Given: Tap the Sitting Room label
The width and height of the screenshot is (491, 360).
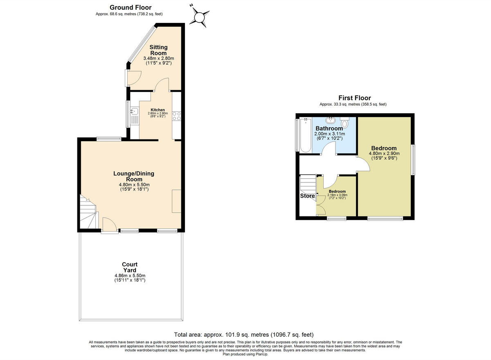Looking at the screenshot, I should [x=158, y=50].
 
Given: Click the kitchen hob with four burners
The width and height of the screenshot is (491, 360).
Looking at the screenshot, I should [x=176, y=116].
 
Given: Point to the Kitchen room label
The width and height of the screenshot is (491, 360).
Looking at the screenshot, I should [x=158, y=110].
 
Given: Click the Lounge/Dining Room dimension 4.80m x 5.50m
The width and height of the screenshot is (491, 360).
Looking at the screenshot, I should [x=134, y=184].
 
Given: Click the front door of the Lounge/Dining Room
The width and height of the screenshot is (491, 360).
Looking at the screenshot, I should [x=109, y=226].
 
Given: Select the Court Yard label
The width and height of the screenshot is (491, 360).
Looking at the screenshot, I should [x=130, y=267].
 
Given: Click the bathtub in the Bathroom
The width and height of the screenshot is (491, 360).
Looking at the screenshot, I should [x=305, y=135].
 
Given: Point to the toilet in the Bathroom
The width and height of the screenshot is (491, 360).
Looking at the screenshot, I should [x=345, y=123].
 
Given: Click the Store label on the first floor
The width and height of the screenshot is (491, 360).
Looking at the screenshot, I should [x=307, y=196].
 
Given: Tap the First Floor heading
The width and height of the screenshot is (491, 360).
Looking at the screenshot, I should [x=354, y=98].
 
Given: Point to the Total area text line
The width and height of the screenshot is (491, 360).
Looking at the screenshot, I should [x=244, y=334].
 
